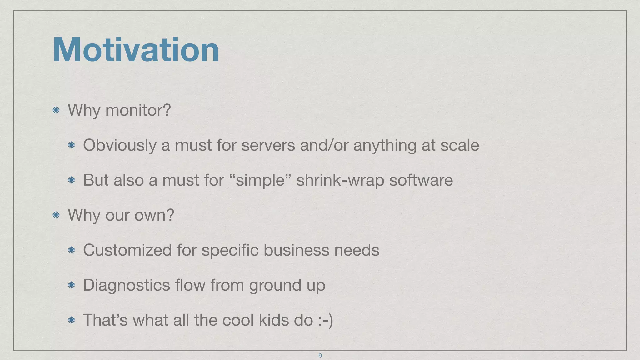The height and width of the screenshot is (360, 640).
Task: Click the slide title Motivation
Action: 136,50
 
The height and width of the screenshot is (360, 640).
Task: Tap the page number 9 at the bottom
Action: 320,356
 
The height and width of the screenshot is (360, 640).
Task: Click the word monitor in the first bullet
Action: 138,110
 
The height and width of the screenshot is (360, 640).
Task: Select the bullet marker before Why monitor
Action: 56,110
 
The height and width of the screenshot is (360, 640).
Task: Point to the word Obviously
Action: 120,145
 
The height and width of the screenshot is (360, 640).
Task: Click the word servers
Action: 268,145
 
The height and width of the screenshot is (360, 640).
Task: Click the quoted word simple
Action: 260,180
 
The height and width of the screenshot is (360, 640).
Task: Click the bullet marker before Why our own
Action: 56,215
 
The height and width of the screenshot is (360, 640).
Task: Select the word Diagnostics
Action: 127,285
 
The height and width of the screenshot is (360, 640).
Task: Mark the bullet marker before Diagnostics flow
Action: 71,285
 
